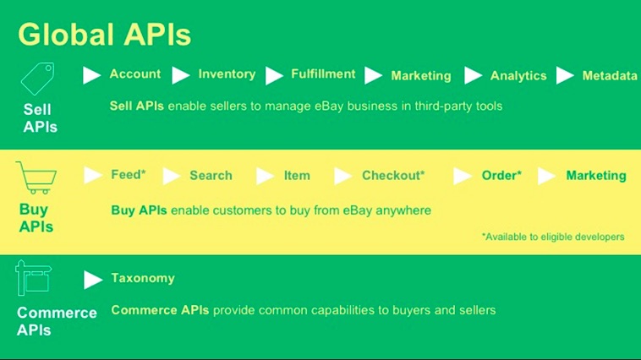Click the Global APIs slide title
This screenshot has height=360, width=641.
point(104,35)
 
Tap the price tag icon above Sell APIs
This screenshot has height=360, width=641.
point(37,79)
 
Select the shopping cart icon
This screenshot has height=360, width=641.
point(36,177)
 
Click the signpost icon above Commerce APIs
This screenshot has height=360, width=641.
point(33,278)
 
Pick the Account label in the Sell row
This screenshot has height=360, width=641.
point(135,74)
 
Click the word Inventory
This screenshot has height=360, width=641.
point(227,74)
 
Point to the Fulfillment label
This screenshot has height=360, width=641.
point(323,74)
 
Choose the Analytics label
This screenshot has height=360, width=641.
point(518,75)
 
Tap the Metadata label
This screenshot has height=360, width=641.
point(610,75)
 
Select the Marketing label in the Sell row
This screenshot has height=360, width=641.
point(420,75)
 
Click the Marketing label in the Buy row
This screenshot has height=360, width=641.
point(596,175)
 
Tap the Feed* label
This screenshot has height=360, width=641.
point(129,174)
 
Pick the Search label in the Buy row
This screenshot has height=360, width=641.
point(211,175)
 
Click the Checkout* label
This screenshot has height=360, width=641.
point(393,175)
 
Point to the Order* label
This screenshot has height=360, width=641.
point(501,175)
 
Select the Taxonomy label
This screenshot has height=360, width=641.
point(143,278)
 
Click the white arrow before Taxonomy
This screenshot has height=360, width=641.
point(93,280)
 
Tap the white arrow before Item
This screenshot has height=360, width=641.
point(265,176)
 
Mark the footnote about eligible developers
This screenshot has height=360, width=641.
point(553,237)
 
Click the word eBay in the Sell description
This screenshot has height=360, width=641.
point(329,106)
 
